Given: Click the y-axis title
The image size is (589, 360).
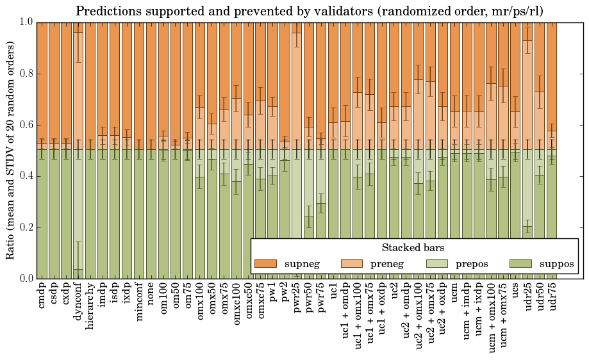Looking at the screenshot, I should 11,150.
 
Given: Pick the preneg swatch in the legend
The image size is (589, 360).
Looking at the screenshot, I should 351,264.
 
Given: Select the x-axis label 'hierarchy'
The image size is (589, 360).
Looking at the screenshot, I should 90,304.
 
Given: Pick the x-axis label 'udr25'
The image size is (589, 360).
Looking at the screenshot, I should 527,299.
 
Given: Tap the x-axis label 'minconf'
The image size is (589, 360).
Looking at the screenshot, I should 139,302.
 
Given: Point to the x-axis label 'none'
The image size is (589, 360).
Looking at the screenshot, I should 151,296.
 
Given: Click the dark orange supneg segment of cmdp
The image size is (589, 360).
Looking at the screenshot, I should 42,83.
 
